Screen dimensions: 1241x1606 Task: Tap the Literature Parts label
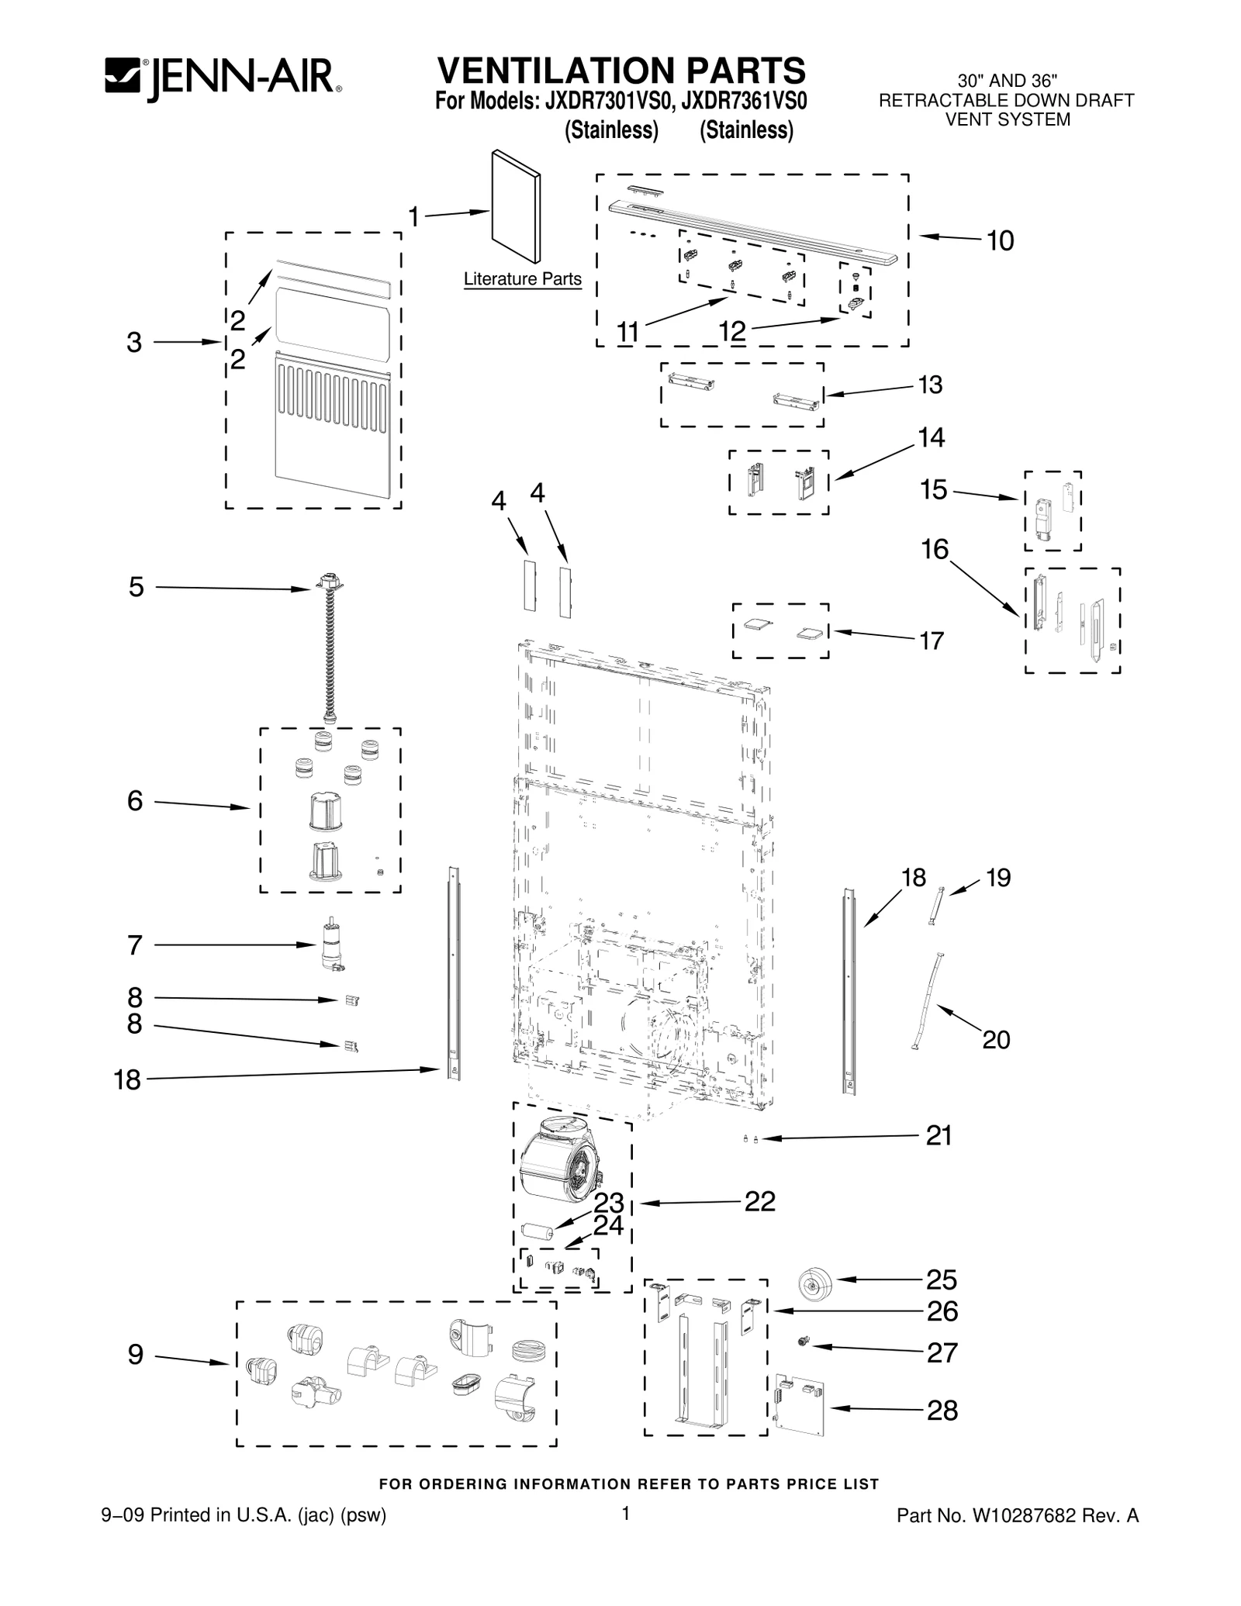click(523, 278)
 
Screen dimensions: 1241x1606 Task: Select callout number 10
click(1001, 241)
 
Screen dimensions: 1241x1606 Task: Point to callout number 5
click(136, 587)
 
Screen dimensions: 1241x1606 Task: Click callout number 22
click(759, 1201)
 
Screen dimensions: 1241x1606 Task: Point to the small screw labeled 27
click(803, 1341)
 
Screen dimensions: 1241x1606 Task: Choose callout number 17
click(932, 641)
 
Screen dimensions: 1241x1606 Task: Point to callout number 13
click(931, 385)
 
